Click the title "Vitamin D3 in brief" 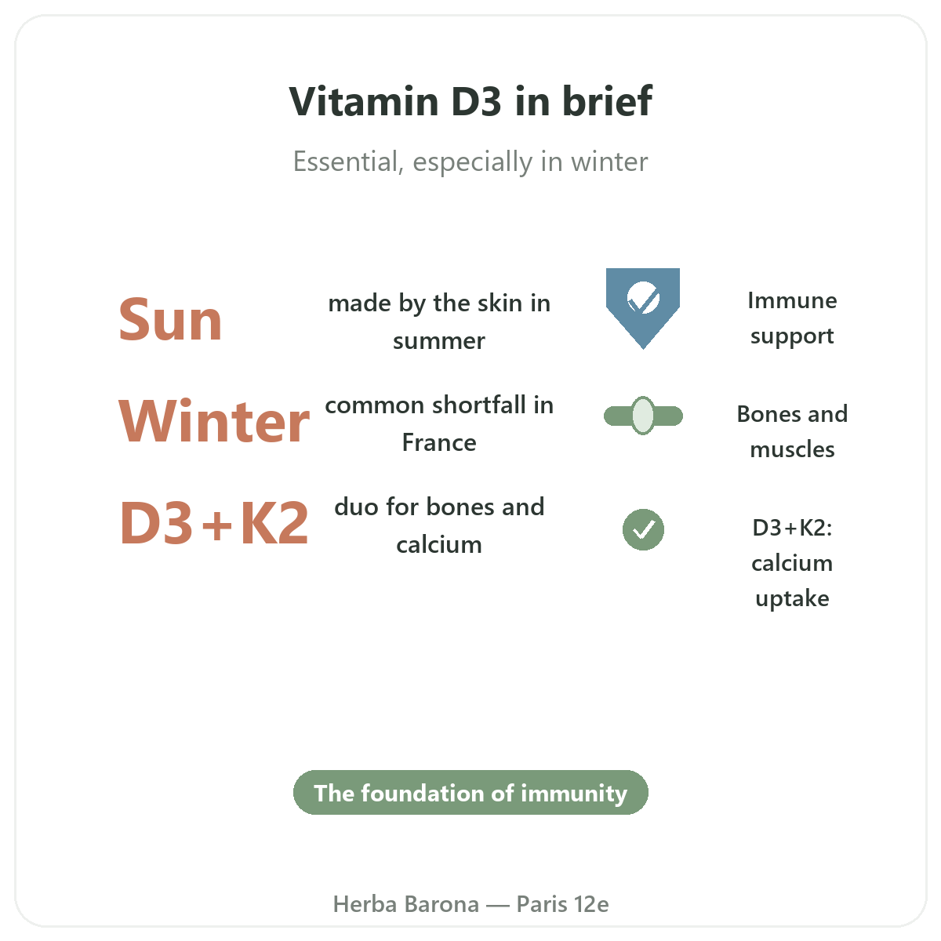click(470, 101)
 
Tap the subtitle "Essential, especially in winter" click(470, 162)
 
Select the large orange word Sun click(170, 320)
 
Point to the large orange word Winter click(214, 421)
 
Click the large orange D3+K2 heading click(214, 522)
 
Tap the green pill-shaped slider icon click(643, 416)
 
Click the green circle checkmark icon click(643, 530)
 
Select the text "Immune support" click(792, 318)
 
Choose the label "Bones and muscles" click(792, 431)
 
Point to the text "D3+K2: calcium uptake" click(792, 562)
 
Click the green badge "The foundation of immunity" click(470, 792)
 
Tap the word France click(439, 442)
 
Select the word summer click(439, 341)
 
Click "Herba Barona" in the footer click(405, 904)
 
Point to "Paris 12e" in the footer click(562, 904)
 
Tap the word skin click(500, 303)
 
